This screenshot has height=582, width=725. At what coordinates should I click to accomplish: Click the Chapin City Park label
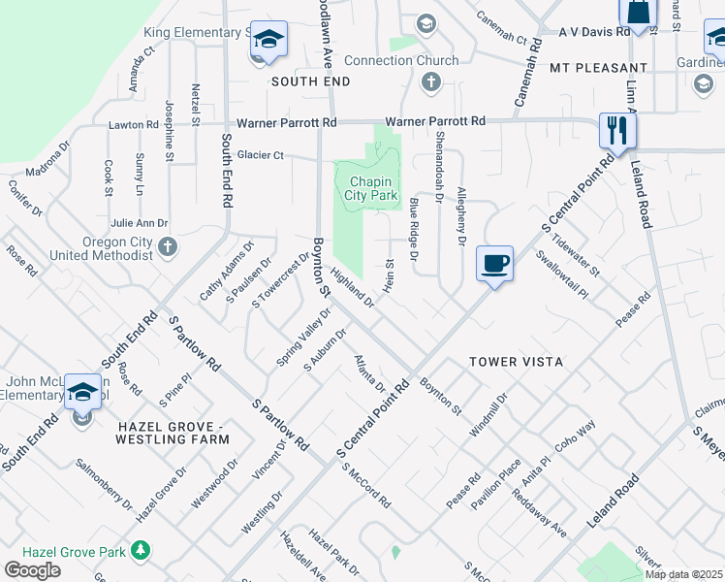[370, 188]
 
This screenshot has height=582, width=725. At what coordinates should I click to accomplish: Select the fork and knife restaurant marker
[616, 131]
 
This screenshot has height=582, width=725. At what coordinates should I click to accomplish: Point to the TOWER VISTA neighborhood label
[516, 362]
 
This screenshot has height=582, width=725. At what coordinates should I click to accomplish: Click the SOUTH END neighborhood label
[310, 81]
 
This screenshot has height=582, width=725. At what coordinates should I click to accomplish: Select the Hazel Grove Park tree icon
[142, 551]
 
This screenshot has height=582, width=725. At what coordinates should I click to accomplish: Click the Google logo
[32, 570]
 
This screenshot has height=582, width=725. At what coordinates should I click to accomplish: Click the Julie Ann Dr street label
[140, 223]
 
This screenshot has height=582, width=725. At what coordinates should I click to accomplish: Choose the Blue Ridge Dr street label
[414, 229]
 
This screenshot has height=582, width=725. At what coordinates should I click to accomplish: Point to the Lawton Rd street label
[133, 125]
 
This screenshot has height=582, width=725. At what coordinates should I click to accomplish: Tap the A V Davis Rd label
[594, 31]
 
